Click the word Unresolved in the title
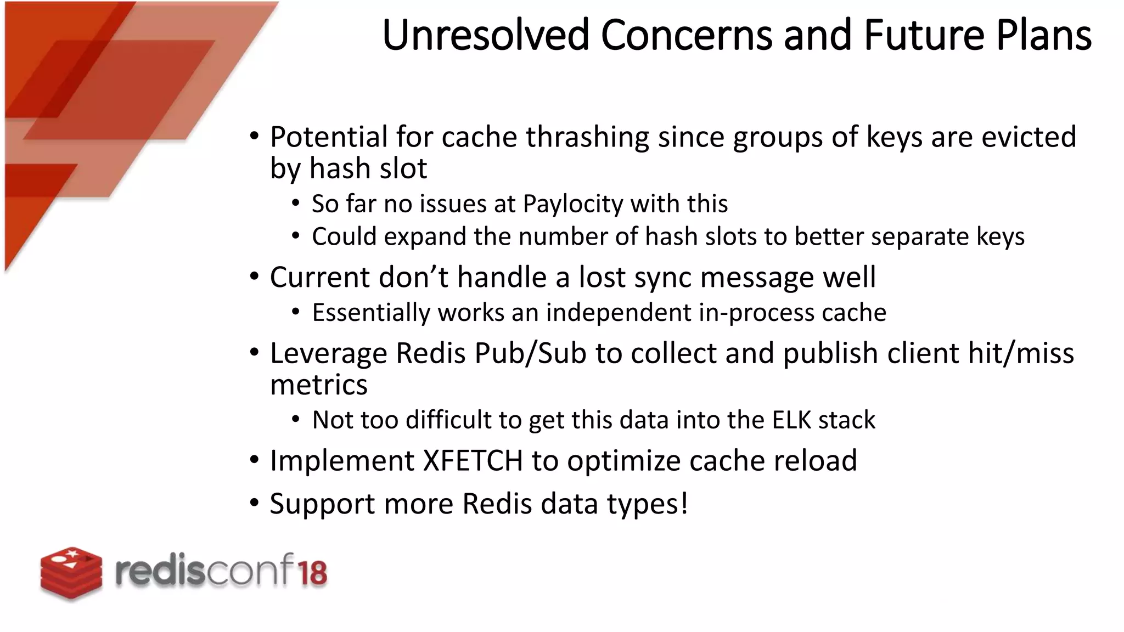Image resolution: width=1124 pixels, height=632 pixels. [x=485, y=35]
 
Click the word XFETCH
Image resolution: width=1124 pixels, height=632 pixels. [x=473, y=460]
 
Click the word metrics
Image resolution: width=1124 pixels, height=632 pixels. [x=318, y=385]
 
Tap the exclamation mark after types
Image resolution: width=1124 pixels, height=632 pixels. [x=684, y=503]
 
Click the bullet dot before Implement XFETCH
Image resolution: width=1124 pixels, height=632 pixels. [x=254, y=460]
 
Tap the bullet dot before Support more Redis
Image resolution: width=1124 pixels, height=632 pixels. [x=254, y=503]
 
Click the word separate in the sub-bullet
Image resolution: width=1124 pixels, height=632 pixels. [x=920, y=237]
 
